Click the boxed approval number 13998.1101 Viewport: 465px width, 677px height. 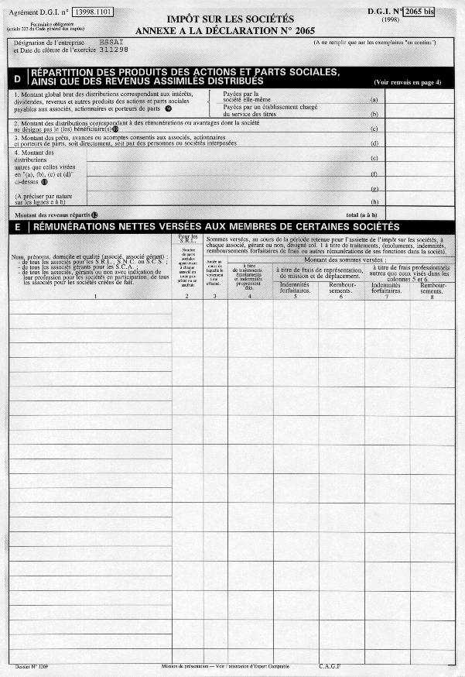tap(93, 13)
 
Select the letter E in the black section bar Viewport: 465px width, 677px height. tap(17, 227)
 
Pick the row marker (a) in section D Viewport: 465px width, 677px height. tap(374, 100)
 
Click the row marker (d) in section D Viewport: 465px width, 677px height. tap(374, 143)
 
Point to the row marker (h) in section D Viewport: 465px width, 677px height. tap(374, 201)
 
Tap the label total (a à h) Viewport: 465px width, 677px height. tap(361, 214)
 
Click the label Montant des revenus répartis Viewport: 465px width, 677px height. tap(53, 214)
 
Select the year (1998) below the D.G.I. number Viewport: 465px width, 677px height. tap(423, 20)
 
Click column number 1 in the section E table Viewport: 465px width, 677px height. tap(95, 297)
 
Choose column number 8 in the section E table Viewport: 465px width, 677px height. tap(433, 297)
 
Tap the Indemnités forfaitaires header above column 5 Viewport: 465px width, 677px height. tap(295, 288)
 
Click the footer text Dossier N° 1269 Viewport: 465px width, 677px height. tap(31, 665)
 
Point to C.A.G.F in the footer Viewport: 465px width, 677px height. tap(330, 665)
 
